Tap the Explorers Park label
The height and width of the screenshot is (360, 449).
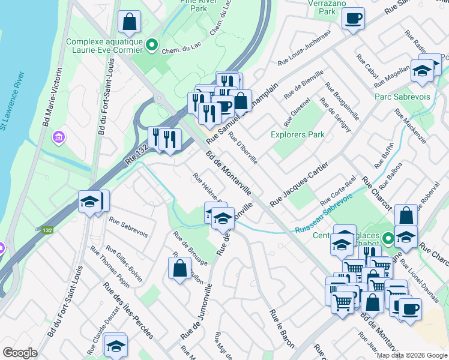click(x=298, y=134)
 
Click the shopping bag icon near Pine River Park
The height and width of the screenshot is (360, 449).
click(x=129, y=22)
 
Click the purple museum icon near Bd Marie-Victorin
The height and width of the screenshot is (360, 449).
click(x=58, y=137)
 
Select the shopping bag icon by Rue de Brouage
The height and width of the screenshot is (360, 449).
click(x=179, y=268)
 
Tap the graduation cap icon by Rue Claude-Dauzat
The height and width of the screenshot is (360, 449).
click(x=115, y=344)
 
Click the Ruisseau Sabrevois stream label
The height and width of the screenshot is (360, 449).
click(x=323, y=221)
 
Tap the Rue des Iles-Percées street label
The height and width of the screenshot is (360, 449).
click(x=127, y=310)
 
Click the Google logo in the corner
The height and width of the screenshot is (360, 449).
click(x=20, y=353)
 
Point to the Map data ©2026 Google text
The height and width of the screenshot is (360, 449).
click(x=412, y=355)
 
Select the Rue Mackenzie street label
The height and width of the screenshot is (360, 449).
click(x=411, y=127)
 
